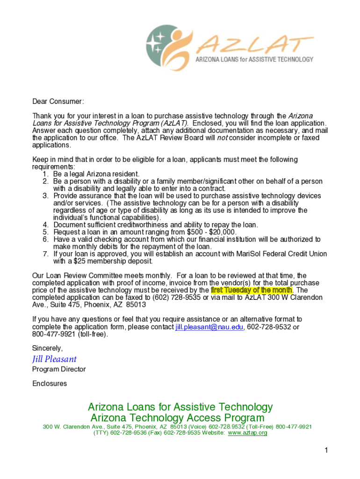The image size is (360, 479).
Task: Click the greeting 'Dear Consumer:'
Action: tap(58, 102)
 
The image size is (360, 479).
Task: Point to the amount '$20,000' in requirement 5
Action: tap(223, 232)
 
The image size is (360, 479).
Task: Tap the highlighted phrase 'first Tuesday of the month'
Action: tap(251, 290)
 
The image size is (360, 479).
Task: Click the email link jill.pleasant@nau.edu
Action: tap(209, 327)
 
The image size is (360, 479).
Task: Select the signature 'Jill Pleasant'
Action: tap(54, 359)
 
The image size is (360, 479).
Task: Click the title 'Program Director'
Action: tap(59, 370)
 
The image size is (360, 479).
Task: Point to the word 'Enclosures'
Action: tap(50, 384)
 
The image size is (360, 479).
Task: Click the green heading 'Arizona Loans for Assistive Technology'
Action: tap(180, 407)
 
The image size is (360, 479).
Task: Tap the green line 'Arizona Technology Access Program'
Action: tap(177, 418)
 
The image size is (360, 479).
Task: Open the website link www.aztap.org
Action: tap(247, 433)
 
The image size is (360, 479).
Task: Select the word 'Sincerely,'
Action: tap(47, 348)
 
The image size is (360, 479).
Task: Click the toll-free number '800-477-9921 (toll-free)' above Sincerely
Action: tap(70, 334)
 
